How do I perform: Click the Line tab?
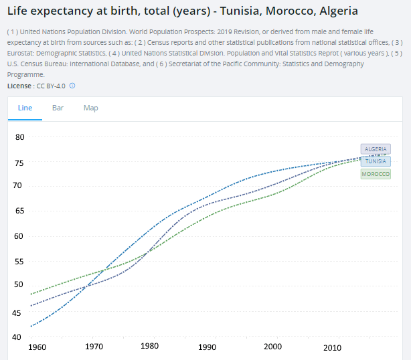coord(25,108)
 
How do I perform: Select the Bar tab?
coord(58,108)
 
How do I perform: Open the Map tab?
coord(90,108)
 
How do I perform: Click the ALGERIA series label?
coord(376,149)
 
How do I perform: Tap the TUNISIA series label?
coord(376,161)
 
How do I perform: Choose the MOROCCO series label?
coord(376,174)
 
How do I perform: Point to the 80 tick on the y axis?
coord(20,137)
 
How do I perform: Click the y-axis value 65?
coord(20,211)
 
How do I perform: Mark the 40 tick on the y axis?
coord(20,337)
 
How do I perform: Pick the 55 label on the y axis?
coord(20,261)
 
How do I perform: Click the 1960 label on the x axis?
coord(37,347)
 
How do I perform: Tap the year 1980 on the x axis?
coord(150,347)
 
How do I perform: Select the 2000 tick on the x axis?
coord(272,347)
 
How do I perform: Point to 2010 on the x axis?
coord(332,347)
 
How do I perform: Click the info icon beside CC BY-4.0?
coord(72,86)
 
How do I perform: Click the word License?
coord(19,86)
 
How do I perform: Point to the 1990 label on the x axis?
coord(207,347)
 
